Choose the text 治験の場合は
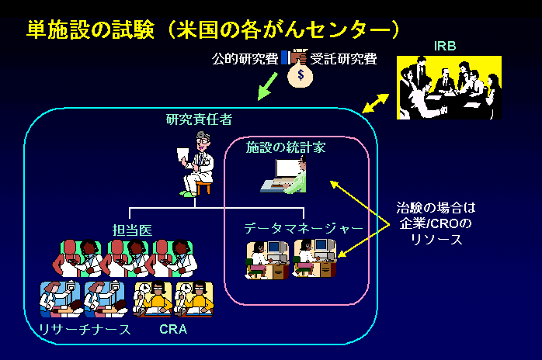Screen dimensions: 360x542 click(x=436, y=209)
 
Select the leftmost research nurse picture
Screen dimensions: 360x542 click(x=61, y=299)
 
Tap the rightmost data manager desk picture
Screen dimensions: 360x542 click(x=315, y=258)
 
